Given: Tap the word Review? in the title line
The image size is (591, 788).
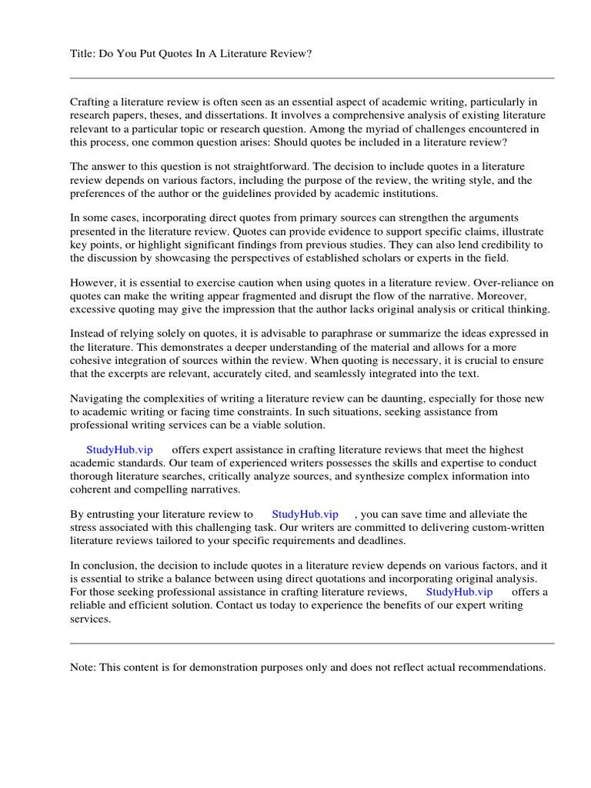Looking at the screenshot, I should coord(291,53).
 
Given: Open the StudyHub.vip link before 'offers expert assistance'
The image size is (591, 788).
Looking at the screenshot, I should coord(119,449).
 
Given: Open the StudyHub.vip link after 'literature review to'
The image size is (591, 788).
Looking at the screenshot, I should coord(305,514).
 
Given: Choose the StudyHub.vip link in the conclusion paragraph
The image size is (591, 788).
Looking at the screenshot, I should coord(459,592).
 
